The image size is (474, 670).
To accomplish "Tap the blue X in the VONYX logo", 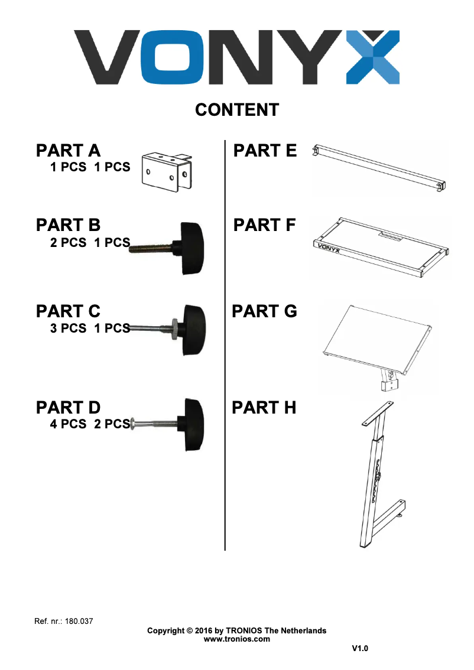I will click(x=372, y=57).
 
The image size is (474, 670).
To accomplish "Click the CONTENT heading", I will click(x=237, y=110).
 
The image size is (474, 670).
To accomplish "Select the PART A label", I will click(x=68, y=151).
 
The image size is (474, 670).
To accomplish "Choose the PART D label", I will click(x=68, y=408).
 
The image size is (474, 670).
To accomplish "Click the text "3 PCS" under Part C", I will click(x=68, y=329).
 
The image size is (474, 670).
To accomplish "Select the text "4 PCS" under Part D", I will click(x=68, y=424).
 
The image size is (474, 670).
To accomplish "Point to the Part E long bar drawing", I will click(x=379, y=168).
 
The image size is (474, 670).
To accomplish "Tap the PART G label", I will click(x=264, y=311).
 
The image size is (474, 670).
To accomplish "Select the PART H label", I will click(x=264, y=408).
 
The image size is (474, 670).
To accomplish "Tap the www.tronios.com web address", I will click(x=236, y=639).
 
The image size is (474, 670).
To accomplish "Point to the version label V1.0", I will click(x=360, y=649).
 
